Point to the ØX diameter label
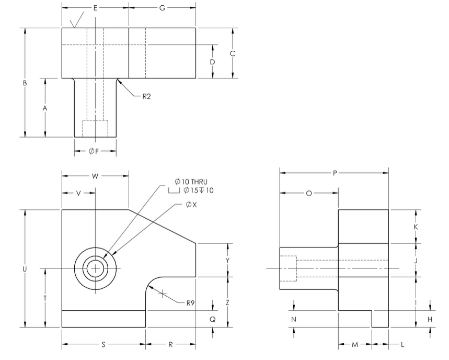191,205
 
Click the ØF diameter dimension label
95,151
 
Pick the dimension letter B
25,83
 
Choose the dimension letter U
25,268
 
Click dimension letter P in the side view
335,173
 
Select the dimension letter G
162,8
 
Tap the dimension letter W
95,176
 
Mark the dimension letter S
103,345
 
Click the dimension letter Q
213,319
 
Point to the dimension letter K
416,227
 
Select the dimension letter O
309,193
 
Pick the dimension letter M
355,345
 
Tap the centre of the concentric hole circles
95,268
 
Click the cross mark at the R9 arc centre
163,294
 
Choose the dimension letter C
233,53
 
